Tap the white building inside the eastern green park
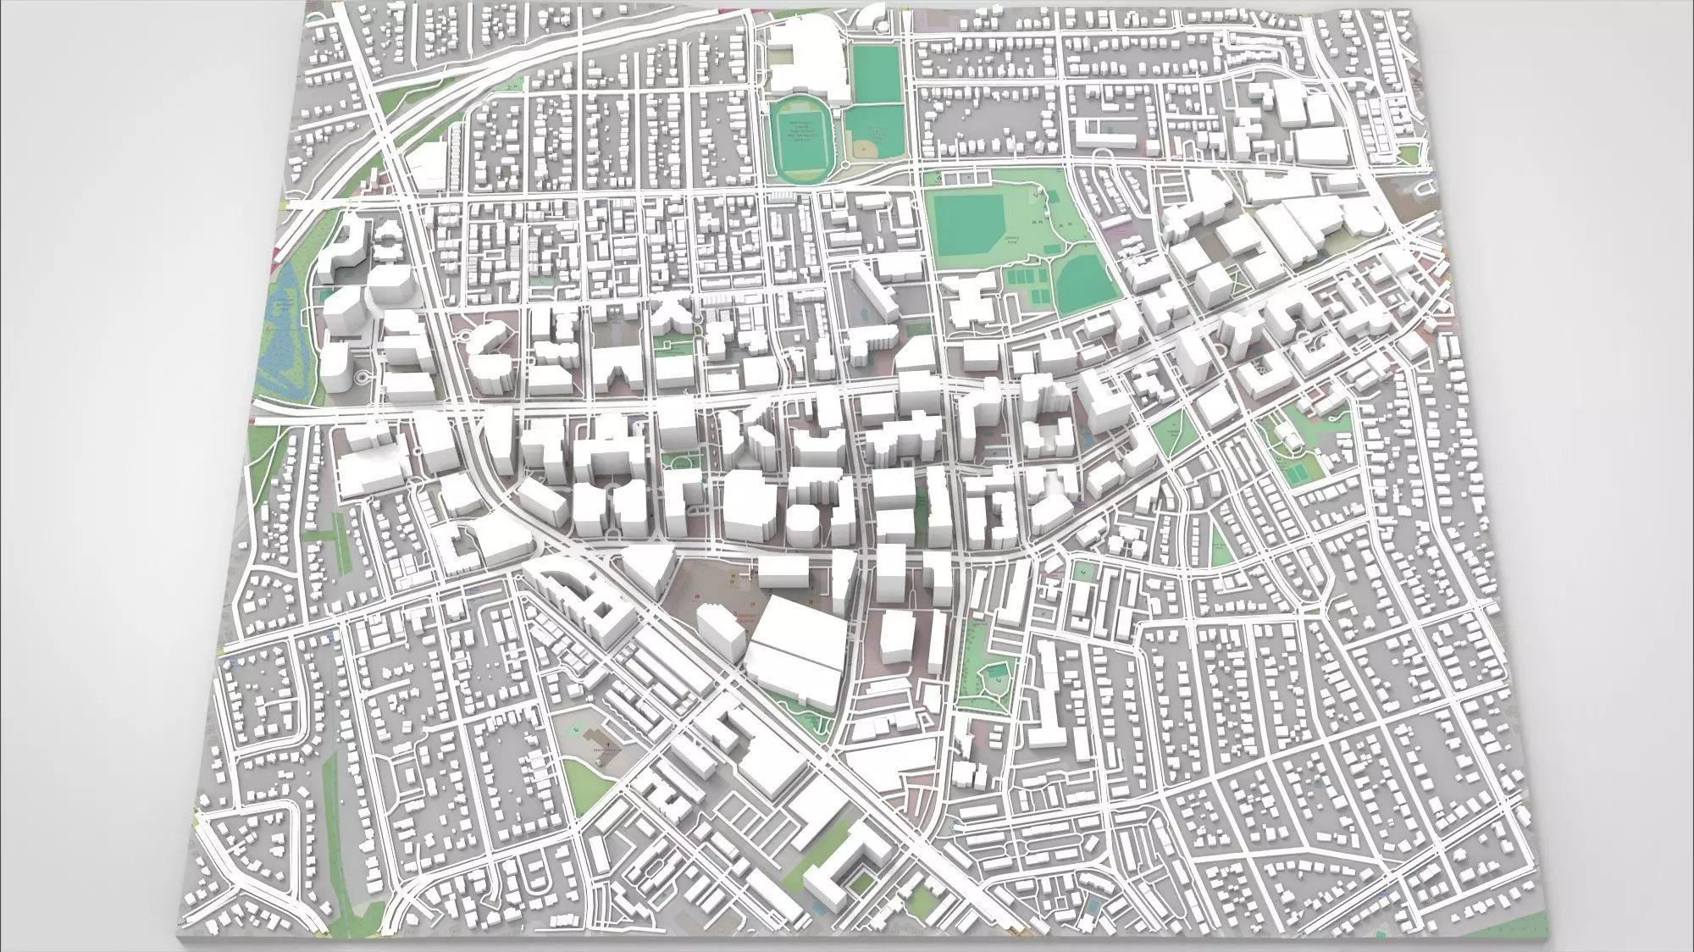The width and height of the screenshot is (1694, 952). coord(1291,437)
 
